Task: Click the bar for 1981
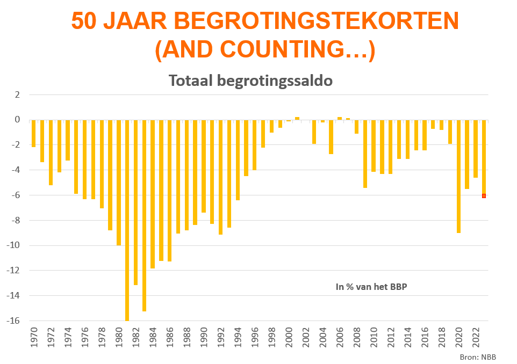[127, 220]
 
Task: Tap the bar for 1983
[144, 215]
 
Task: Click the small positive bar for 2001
[297, 118]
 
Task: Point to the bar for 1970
[33, 133]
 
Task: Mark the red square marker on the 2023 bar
[484, 196]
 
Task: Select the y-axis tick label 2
[17, 94]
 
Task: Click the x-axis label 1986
[170, 340]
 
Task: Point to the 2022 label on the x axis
[476, 340]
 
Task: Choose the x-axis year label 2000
[289, 340]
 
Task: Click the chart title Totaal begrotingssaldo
[250, 81]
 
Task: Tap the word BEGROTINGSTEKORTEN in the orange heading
[315, 21]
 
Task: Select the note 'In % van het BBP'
[371, 287]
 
